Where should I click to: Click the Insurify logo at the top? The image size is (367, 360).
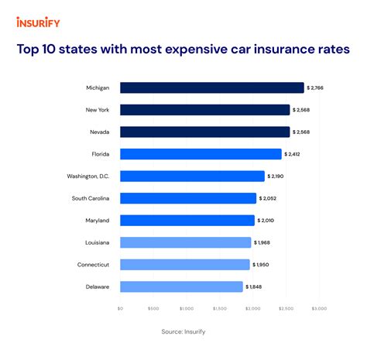click(x=38, y=22)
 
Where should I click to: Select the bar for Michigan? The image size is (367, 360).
click(x=212, y=88)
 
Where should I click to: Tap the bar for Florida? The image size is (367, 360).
click(x=201, y=154)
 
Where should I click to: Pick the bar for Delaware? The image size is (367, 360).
click(x=182, y=286)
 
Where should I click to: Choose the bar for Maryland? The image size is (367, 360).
click(x=187, y=221)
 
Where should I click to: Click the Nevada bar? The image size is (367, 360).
click(x=205, y=132)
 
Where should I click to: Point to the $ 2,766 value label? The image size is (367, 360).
click(x=319, y=88)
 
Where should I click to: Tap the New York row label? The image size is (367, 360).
click(x=97, y=110)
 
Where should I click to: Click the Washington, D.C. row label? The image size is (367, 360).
click(x=88, y=177)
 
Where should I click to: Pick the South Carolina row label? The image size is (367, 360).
click(x=91, y=198)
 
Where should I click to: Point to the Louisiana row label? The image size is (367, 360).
click(x=97, y=242)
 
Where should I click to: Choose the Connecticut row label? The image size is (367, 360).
click(x=93, y=265)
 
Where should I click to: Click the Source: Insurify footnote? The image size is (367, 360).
click(x=183, y=331)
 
